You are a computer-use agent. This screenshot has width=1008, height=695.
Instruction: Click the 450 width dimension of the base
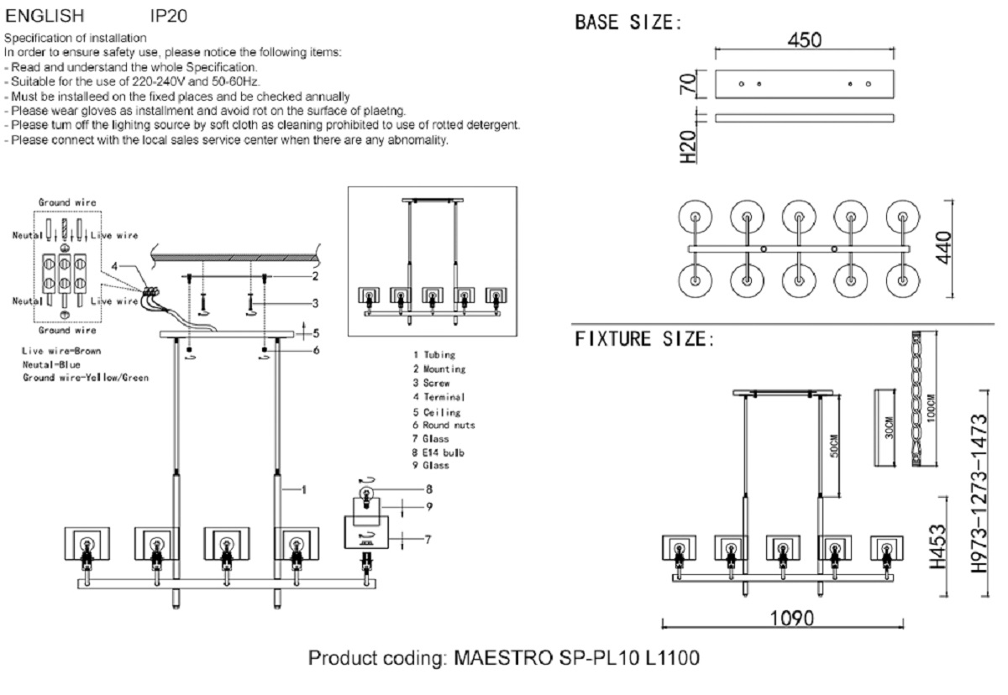coord(804,40)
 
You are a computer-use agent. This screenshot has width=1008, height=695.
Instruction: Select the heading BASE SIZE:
coord(627,23)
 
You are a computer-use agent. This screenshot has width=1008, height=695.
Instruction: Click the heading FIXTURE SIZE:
coord(644,340)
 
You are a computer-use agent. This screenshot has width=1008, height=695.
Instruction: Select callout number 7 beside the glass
coord(427,540)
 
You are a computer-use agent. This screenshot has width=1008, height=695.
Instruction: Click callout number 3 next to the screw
coord(315,303)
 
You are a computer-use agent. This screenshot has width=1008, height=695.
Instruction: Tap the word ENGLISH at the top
coord(45,15)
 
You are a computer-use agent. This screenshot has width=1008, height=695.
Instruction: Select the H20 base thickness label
coord(688,144)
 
